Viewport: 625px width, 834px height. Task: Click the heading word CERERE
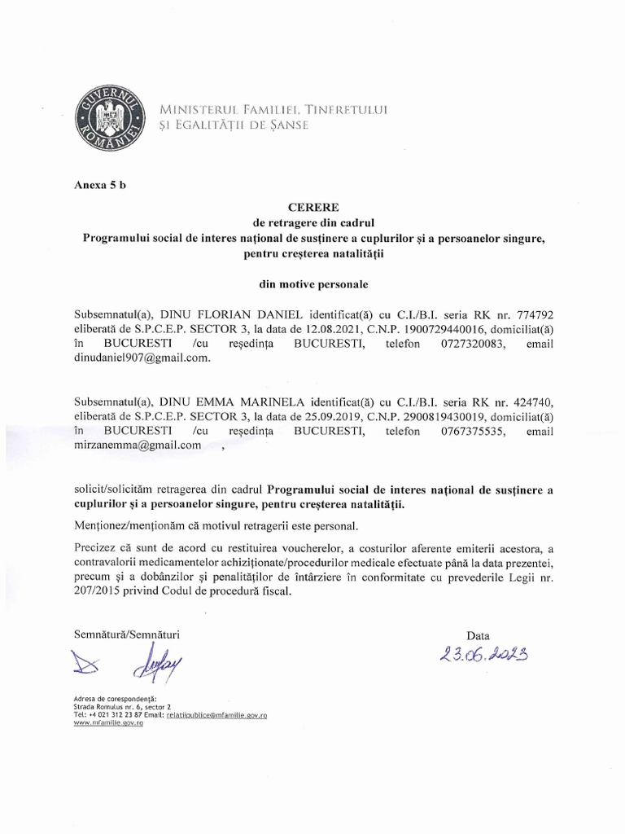[x=312, y=208]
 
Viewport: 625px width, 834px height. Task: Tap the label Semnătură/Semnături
[x=126, y=633]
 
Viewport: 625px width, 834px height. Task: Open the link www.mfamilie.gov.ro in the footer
[x=108, y=723]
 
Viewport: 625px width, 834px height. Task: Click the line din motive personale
[x=312, y=285]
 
